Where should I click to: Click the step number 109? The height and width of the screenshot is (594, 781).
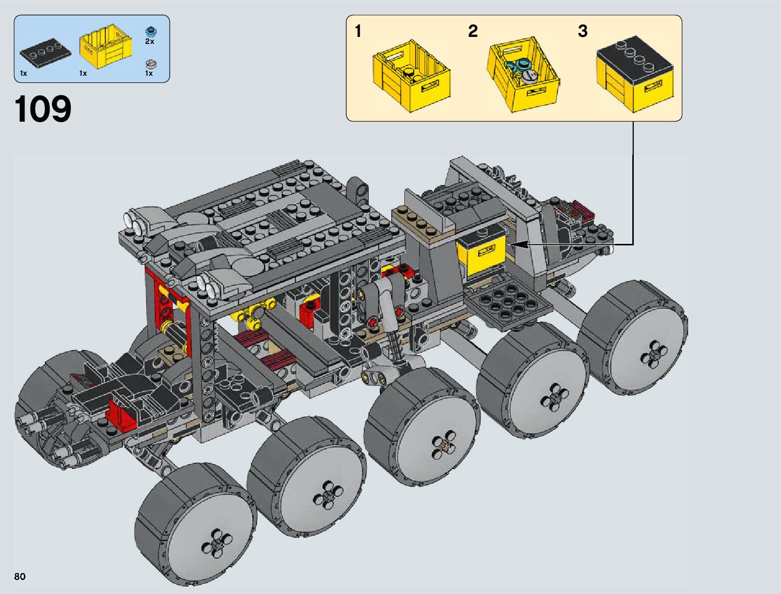click(x=43, y=109)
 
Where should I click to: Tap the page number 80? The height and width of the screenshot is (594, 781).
click(x=20, y=576)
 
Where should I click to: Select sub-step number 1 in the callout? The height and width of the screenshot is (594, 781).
click(x=358, y=31)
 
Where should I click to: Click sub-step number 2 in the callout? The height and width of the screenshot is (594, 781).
click(x=473, y=31)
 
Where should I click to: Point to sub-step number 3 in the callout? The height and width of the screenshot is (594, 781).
click(x=582, y=31)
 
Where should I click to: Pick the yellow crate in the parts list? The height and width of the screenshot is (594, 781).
click(x=106, y=46)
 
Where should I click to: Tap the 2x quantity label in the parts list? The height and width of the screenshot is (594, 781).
click(x=150, y=41)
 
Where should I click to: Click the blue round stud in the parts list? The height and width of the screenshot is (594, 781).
click(x=151, y=31)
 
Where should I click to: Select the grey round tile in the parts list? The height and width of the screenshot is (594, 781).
click(x=151, y=64)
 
